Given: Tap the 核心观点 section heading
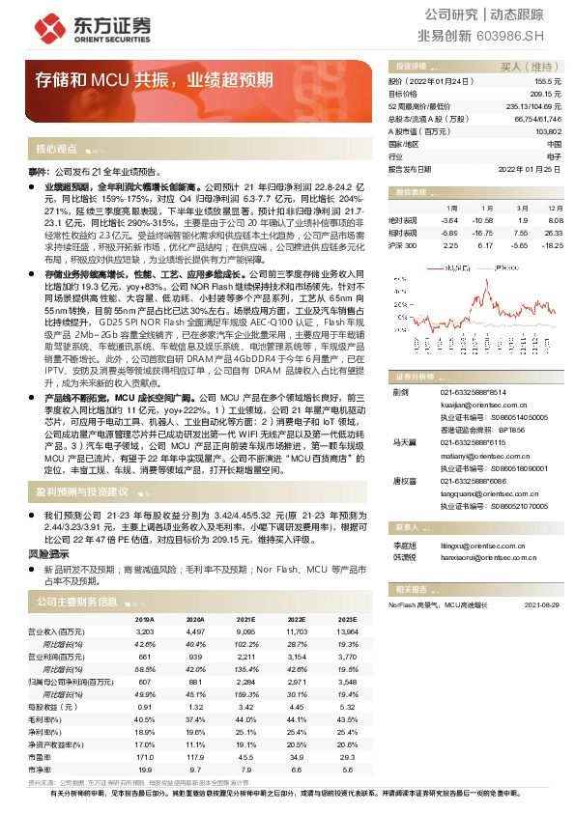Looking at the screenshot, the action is click(56, 150).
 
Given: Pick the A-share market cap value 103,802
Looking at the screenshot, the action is click(547, 130).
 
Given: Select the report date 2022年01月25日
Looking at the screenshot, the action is click(530, 168).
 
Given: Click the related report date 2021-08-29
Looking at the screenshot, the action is click(542, 605).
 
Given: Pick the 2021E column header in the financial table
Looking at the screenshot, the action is click(245, 619).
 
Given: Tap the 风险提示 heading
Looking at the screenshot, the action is click(48, 555).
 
